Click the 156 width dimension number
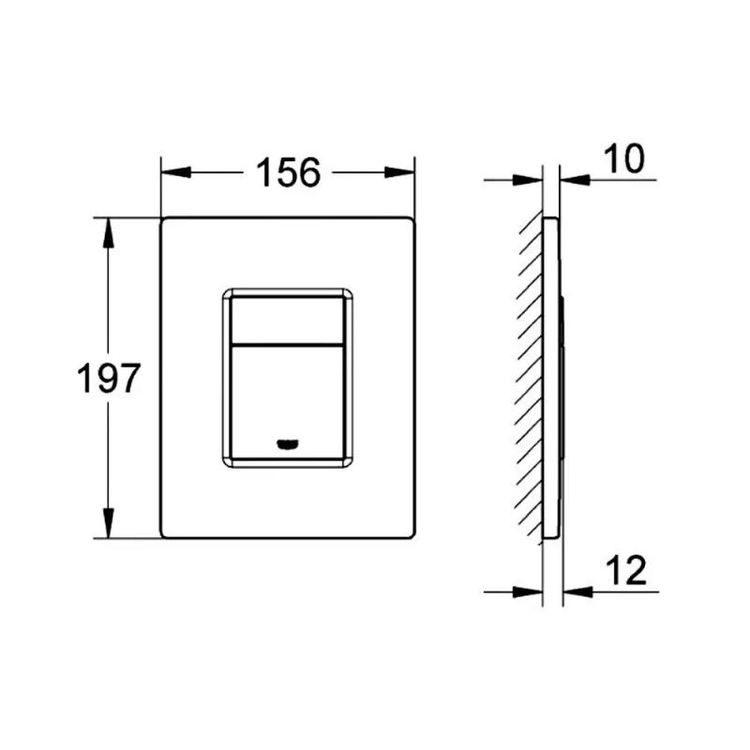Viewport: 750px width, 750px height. [x=289, y=172]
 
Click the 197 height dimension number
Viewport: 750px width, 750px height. [x=109, y=378]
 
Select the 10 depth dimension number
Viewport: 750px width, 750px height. [x=623, y=158]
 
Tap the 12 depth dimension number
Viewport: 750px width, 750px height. [x=625, y=570]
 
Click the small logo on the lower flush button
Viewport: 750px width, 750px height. [x=288, y=444]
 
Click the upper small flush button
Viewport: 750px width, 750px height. [x=287, y=320]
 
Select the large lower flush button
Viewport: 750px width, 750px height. [x=287, y=402]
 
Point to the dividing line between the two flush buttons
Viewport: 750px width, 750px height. [x=287, y=344]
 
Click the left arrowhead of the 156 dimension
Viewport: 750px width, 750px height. [x=176, y=172]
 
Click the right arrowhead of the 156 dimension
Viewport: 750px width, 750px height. [x=399, y=172]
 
